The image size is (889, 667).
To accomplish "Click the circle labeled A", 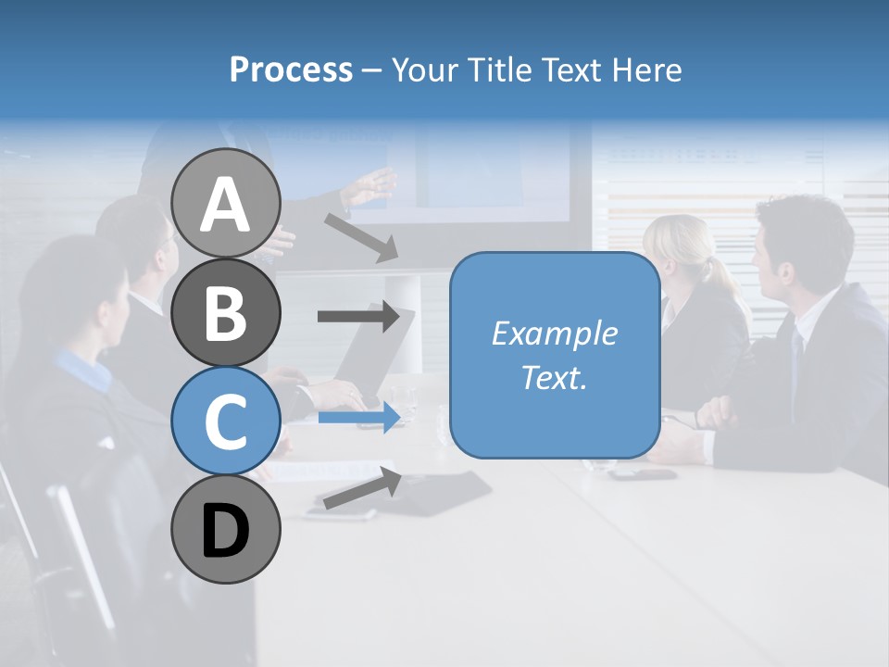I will pyautogui.click(x=226, y=203).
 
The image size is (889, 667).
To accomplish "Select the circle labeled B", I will pyautogui.click(x=226, y=312).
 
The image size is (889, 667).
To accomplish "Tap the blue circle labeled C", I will pyautogui.click(x=226, y=421).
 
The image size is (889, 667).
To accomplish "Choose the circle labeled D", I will pyautogui.click(x=226, y=530).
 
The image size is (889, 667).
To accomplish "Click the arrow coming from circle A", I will pyautogui.click(x=361, y=237).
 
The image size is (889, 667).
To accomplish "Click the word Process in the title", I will pyautogui.click(x=291, y=69).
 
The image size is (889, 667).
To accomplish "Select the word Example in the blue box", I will pyautogui.click(x=554, y=333).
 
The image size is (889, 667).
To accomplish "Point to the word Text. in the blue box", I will pyautogui.click(x=554, y=378).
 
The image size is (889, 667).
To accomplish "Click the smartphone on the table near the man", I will pyautogui.click(x=643, y=474).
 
